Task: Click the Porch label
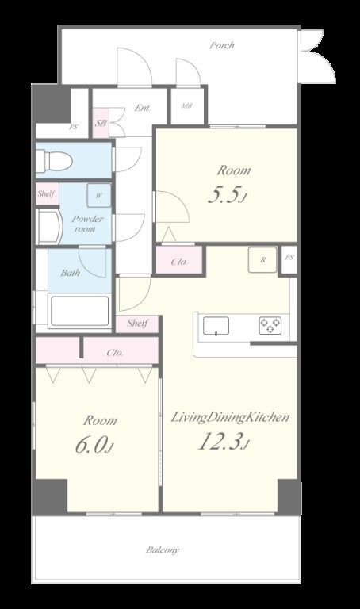tap(222, 45)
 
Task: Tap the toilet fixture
tap(54, 160)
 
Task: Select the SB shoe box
tap(101, 123)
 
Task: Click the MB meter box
tap(187, 105)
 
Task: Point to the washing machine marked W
tap(98, 195)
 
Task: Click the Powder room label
tap(87, 224)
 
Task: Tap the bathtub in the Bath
tap(79, 311)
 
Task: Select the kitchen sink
tap(216, 326)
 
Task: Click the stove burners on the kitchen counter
tap(270, 325)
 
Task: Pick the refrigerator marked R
tap(263, 260)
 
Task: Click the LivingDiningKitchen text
tap(230, 418)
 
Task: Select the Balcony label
tap(163, 550)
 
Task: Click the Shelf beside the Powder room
tap(47, 193)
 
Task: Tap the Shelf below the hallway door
tap(137, 323)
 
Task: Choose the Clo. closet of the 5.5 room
tap(179, 262)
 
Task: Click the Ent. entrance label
tap(143, 108)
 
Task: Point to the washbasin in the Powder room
tap(49, 228)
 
